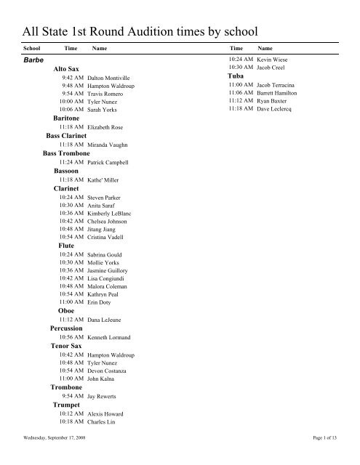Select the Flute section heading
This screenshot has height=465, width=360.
pyautogui.click(x=65, y=246)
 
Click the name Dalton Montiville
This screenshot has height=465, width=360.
pyautogui.click(x=108, y=76)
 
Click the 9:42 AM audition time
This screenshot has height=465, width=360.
pyautogui.click(x=73, y=76)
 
